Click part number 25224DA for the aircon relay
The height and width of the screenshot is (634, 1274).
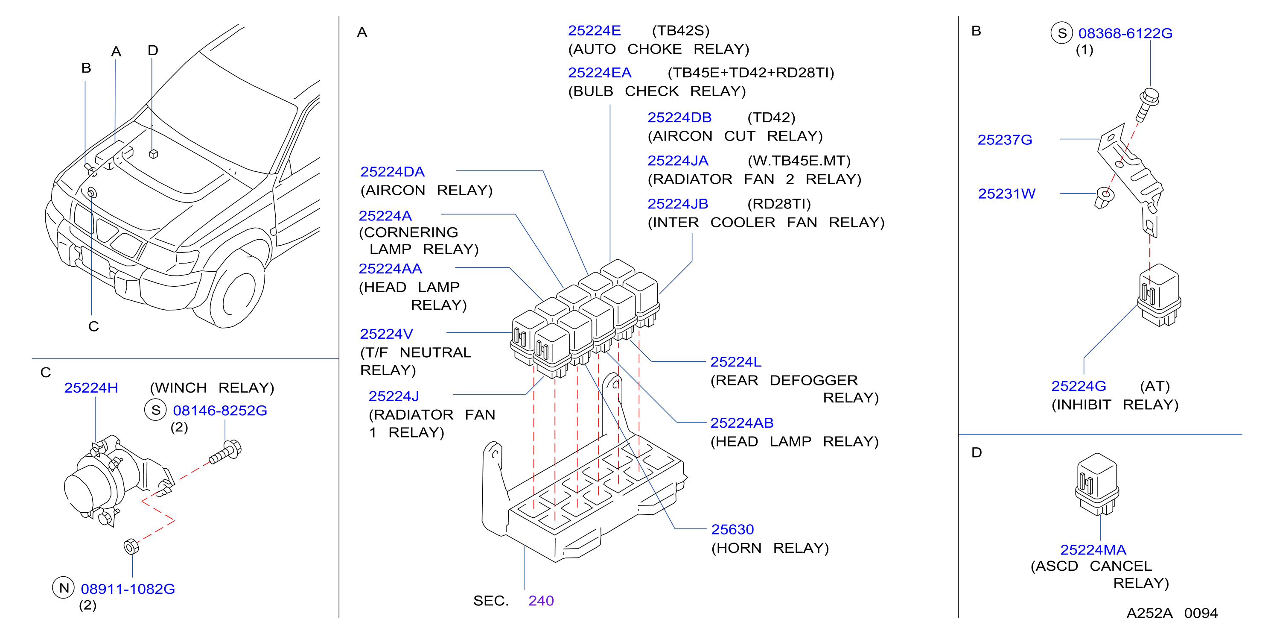pos(392,172)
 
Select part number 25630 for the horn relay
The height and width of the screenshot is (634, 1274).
pos(732,530)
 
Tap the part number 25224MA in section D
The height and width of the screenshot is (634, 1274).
pos(1093,550)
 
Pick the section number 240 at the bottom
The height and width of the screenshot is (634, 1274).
pos(541,601)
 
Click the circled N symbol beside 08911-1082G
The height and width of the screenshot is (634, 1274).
pos(63,588)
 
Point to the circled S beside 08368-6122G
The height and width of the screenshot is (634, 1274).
pos(1061,33)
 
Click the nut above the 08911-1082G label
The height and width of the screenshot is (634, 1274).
pos(131,546)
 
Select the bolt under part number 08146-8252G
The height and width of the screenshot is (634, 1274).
pos(225,452)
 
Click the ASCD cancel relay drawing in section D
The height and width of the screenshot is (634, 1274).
pos(1097,484)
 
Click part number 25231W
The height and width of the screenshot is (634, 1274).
pos(1006,194)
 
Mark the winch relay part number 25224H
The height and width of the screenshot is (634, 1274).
pos(91,388)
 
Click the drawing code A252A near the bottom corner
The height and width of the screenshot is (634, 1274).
pos(1149,613)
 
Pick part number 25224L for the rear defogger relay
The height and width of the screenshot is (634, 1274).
pos(735,362)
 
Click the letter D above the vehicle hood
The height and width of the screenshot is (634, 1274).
pos(153,50)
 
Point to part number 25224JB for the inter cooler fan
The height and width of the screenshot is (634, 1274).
pos(678,204)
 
